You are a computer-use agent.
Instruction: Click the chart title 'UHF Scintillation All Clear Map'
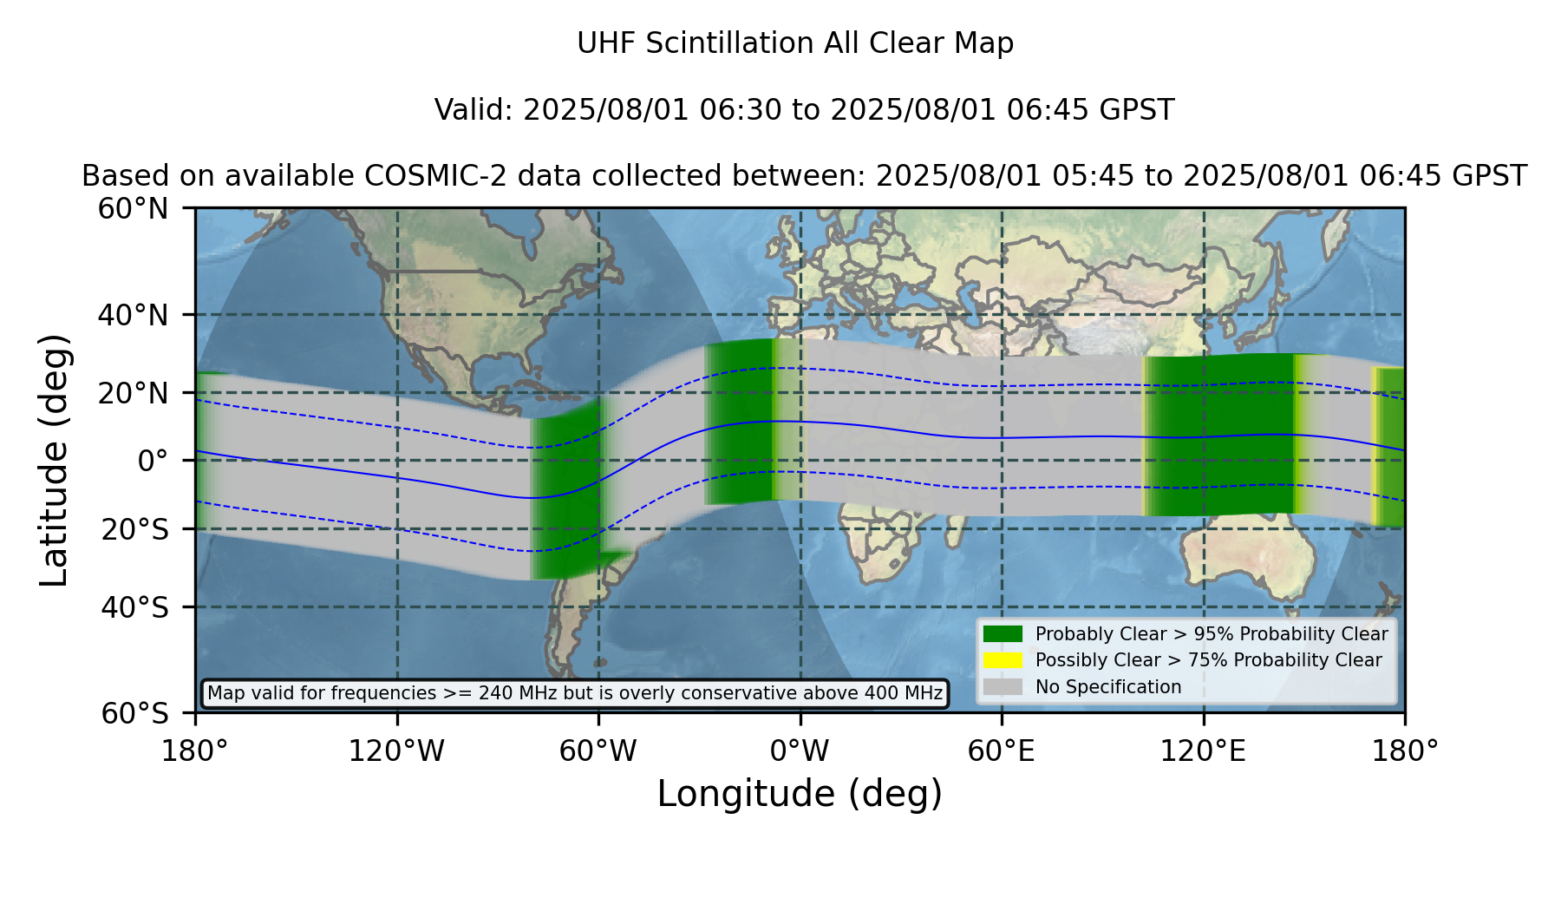click(795, 43)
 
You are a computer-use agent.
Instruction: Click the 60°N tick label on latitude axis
click(134, 209)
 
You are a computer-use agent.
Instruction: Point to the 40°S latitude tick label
click(135, 607)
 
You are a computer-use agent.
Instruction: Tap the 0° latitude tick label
click(153, 461)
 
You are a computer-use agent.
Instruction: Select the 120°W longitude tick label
click(396, 751)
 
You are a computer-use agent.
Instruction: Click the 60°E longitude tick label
click(1002, 751)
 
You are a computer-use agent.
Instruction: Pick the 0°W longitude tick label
click(800, 751)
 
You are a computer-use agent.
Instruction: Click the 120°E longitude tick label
click(1203, 751)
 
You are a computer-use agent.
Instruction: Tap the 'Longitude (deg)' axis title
click(800, 794)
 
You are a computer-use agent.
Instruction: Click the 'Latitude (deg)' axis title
click(54, 460)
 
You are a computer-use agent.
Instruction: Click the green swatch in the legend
click(1003, 634)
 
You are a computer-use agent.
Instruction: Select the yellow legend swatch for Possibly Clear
click(1003, 660)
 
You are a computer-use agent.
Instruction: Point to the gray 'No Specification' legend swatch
click(1003, 687)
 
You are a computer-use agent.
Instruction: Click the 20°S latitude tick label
click(135, 529)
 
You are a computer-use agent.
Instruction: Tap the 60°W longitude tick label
click(598, 751)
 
